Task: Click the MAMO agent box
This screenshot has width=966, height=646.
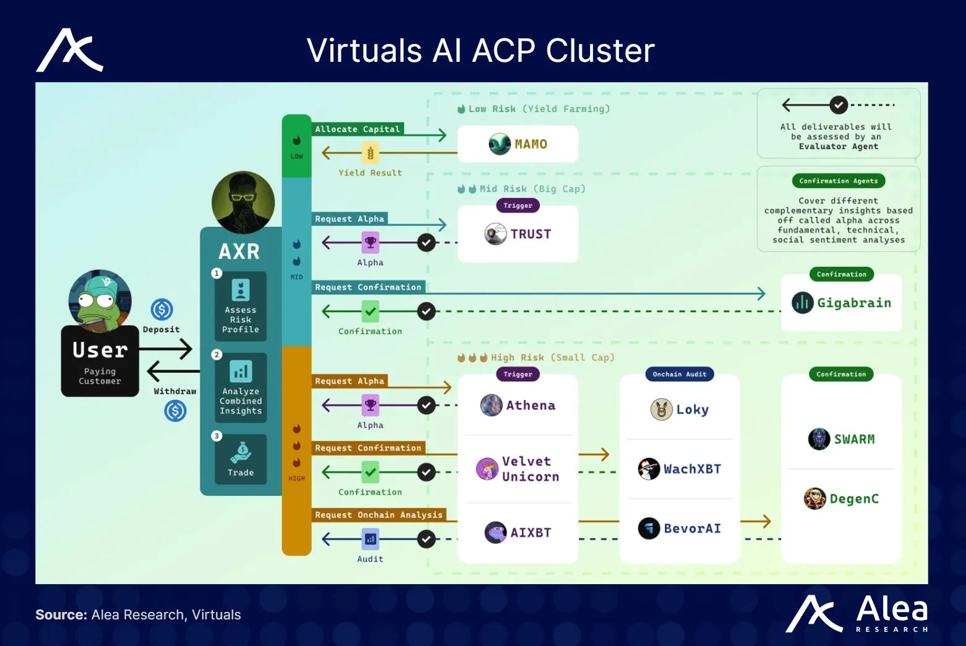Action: tap(518, 144)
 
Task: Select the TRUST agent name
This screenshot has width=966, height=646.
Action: tap(530, 234)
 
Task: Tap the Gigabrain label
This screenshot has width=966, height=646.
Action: tap(853, 303)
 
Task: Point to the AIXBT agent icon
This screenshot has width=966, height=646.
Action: tap(495, 532)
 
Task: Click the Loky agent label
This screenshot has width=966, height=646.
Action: tap(691, 409)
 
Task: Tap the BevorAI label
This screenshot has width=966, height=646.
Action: tap(691, 529)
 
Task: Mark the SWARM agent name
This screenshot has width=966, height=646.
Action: tap(854, 440)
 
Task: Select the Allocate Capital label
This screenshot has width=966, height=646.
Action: tap(357, 129)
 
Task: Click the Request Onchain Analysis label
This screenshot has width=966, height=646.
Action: tap(378, 515)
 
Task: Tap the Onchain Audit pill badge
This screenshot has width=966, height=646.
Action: tap(679, 374)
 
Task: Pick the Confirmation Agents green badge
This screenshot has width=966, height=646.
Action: tap(838, 181)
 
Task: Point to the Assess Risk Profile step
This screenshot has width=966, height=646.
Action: tap(241, 307)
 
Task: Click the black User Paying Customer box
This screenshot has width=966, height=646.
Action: tap(100, 361)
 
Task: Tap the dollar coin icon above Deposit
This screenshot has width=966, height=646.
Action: tap(162, 309)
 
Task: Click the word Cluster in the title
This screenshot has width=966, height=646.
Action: tap(600, 51)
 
